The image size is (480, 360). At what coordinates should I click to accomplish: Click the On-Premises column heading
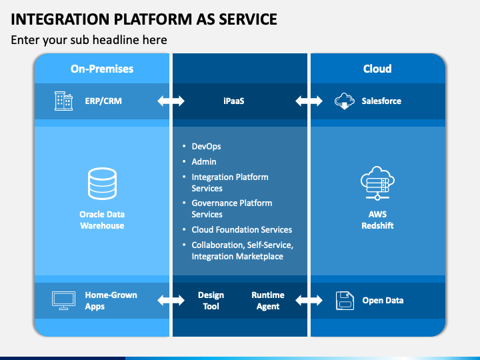pos(102,69)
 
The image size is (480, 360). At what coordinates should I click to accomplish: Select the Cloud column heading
pos(377,69)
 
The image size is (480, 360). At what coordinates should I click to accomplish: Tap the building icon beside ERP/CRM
pos(64,101)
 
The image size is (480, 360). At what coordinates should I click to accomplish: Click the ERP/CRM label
pos(103,101)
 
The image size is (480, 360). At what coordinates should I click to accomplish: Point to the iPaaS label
pos(234,101)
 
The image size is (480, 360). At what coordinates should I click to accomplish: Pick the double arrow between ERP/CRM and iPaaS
pos(171,101)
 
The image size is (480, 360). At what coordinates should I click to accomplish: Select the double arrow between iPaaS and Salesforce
pos(309,101)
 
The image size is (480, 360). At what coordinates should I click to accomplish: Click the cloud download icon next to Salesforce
pos(345,101)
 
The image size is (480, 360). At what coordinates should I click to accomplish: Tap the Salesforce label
pos(381,101)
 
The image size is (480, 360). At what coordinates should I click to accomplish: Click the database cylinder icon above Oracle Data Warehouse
pos(102,183)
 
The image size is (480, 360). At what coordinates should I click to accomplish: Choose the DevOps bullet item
pos(206,146)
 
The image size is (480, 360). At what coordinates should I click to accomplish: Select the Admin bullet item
pos(204,161)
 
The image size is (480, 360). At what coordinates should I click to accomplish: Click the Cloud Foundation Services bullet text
pos(242,229)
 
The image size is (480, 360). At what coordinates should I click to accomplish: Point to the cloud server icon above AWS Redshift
pos(377,183)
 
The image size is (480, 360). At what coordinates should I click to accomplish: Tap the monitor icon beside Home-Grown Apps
pos(64,301)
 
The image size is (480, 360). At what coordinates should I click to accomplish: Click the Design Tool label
pos(211,301)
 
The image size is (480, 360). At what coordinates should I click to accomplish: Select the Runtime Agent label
pos(268,301)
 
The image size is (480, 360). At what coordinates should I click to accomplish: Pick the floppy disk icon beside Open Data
pos(345,301)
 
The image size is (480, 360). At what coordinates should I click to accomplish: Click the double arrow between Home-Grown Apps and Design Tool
pos(171,300)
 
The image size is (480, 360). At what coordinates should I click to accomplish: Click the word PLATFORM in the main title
pos(153,19)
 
